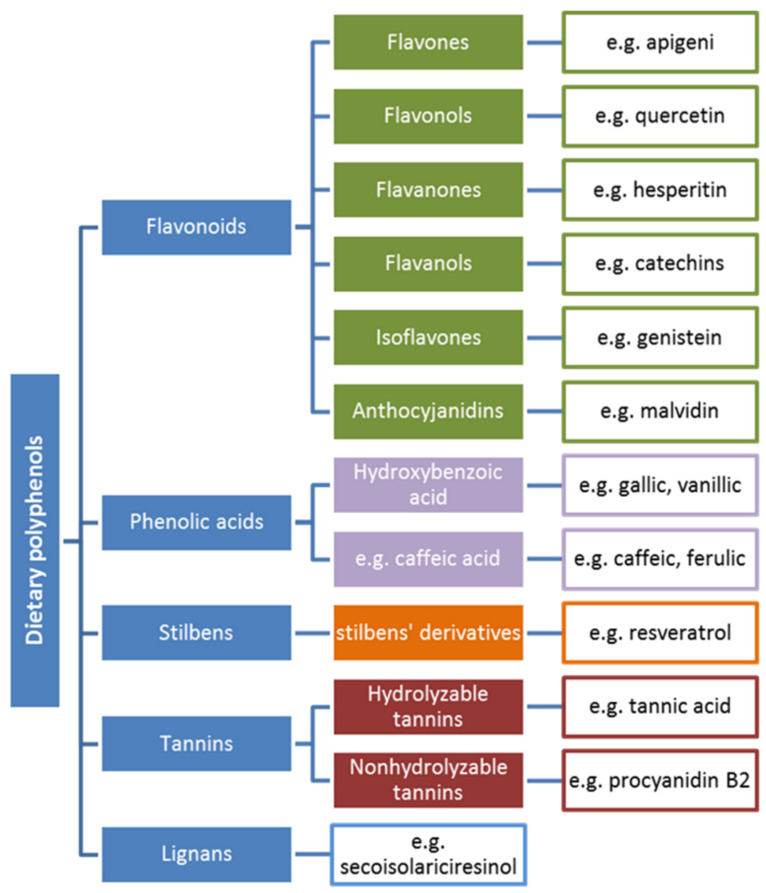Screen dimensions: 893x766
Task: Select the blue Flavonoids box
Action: click(196, 227)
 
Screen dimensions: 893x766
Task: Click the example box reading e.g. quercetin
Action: click(660, 116)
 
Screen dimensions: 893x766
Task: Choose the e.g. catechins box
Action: click(660, 264)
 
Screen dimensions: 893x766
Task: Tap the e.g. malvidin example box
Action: click(660, 411)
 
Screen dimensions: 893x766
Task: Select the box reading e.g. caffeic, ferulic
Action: click(660, 559)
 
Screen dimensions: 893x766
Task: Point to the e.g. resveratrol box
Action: click(660, 633)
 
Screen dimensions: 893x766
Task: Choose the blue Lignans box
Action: click(196, 854)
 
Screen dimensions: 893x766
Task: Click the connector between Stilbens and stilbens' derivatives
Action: click(312, 633)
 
